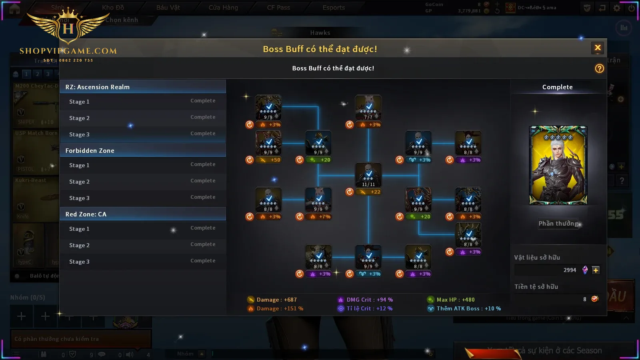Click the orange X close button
point(598,48)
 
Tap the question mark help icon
point(599,68)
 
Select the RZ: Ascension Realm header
point(143,87)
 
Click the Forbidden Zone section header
point(143,150)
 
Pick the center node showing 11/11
point(368,175)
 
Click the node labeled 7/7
point(368,108)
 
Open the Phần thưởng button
point(558,224)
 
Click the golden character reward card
point(558,165)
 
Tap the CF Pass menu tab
point(278,8)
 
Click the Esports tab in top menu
point(334,8)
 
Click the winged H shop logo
point(68,28)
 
